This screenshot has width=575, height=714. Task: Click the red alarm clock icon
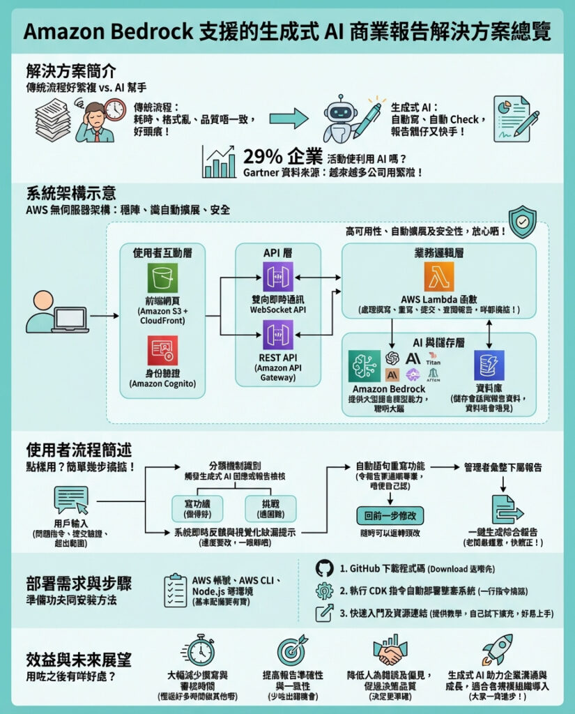coord(115,109)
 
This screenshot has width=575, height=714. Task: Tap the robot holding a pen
coord(348,119)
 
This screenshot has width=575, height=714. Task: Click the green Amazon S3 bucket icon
coord(162,278)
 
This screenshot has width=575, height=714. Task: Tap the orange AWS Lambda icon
coord(438,276)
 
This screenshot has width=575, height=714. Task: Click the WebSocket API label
coord(278,310)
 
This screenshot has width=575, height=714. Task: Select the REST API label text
coord(278,357)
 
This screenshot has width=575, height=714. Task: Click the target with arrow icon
coord(293,650)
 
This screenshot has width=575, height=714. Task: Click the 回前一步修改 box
coord(390,517)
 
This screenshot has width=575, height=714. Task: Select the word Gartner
coord(263,172)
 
